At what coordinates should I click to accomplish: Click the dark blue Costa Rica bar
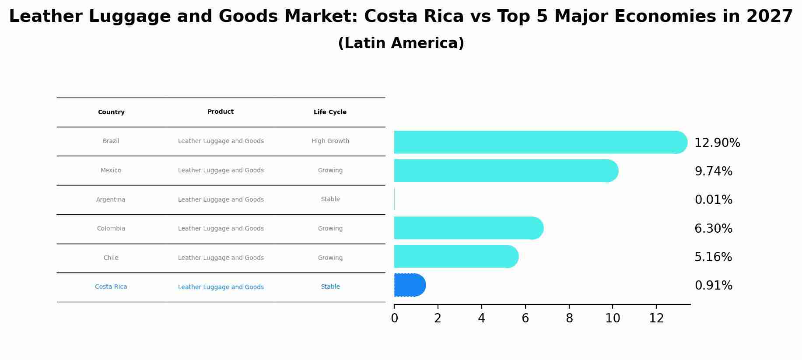click(x=410, y=285)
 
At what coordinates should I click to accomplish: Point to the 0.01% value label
click(x=713, y=200)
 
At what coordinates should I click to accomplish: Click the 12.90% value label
click(x=717, y=143)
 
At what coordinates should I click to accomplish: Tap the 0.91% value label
click(x=713, y=286)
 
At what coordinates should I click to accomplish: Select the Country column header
click(x=111, y=112)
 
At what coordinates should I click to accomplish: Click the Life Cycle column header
click(x=330, y=112)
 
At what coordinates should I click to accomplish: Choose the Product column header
click(x=221, y=112)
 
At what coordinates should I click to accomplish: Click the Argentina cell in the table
click(x=111, y=199)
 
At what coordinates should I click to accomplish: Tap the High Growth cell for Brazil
click(x=330, y=141)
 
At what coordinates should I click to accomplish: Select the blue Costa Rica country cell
click(x=111, y=287)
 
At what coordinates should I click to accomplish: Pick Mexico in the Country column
click(x=111, y=171)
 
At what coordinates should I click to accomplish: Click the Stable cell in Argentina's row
click(x=330, y=199)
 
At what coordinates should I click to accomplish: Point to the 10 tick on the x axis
click(x=613, y=318)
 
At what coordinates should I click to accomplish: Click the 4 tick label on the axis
click(x=481, y=318)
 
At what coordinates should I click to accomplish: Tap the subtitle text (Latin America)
click(x=401, y=43)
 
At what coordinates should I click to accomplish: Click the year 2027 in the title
click(x=770, y=17)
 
